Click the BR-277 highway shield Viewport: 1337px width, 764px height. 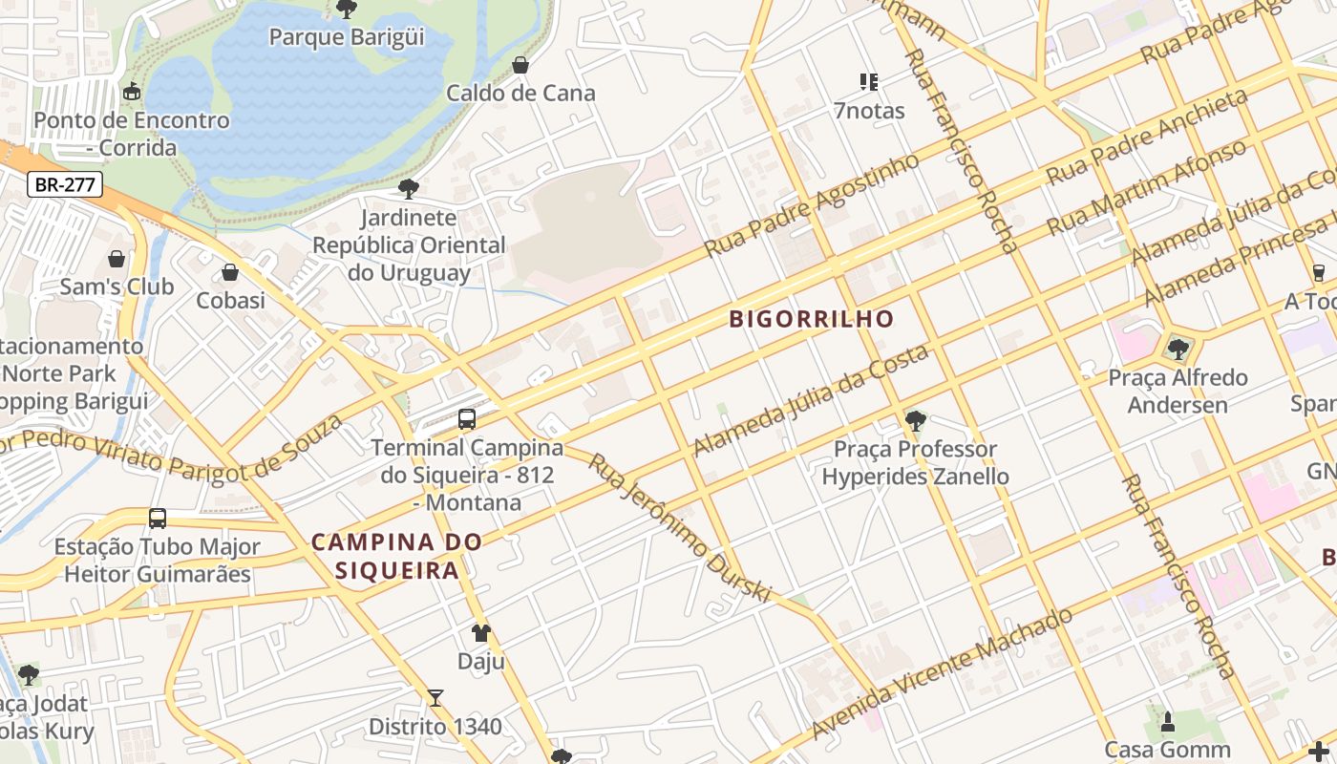coord(64,184)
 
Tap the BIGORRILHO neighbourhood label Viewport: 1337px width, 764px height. coord(812,319)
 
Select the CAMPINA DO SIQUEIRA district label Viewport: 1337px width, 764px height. coord(396,556)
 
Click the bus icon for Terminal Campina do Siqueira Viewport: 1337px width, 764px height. coord(467,418)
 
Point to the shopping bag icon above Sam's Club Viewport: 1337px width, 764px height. coord(117,259)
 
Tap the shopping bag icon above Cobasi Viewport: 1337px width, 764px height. coord(230,273)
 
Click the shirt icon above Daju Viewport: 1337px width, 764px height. coord(481,633)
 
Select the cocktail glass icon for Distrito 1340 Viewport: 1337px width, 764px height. coord(435,698)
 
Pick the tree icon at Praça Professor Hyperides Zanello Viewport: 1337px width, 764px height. coord(915,420)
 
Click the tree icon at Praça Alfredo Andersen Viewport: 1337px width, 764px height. coord(1178,349)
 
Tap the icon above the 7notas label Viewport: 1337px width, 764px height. coord(868,82)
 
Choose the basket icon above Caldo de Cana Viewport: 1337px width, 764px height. coord(520,65)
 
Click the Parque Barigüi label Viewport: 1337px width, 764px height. coord(347,37)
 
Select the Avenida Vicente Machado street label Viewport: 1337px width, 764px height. coord(942,673)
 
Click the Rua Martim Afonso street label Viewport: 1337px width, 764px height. coord(1146,188)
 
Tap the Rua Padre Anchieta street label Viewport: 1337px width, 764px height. coord(1147,137)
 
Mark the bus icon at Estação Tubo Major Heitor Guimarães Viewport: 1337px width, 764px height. coord(158,519)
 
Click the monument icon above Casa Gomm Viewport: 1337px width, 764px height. coord(1167,722)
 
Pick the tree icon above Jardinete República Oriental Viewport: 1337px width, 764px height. coord(409,189)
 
